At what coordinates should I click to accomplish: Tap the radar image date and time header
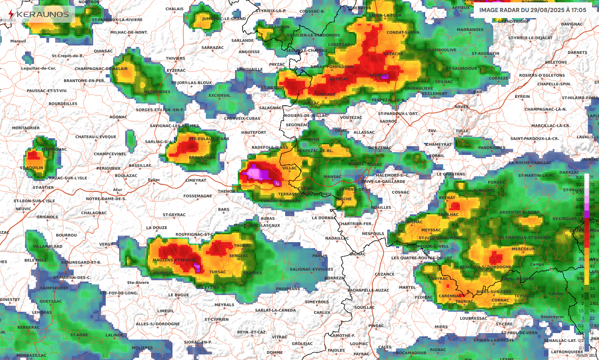coord(533,10)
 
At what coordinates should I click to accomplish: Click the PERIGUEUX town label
coord(108,168)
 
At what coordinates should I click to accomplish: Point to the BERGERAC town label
coord(28,327)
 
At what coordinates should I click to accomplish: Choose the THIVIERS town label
coord(175,58)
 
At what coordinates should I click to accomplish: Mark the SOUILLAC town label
coord(364,307)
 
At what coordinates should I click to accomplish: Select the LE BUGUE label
coord(178,295)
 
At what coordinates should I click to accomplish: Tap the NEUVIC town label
coord(23,209)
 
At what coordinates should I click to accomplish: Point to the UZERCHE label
coord(393,54)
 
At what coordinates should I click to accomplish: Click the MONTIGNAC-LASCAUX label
coord(257,225)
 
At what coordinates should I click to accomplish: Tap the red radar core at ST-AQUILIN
coord(32,155)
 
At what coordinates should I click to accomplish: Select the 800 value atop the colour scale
coord(579,178)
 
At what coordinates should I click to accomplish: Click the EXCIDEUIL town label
coord(219,96)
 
